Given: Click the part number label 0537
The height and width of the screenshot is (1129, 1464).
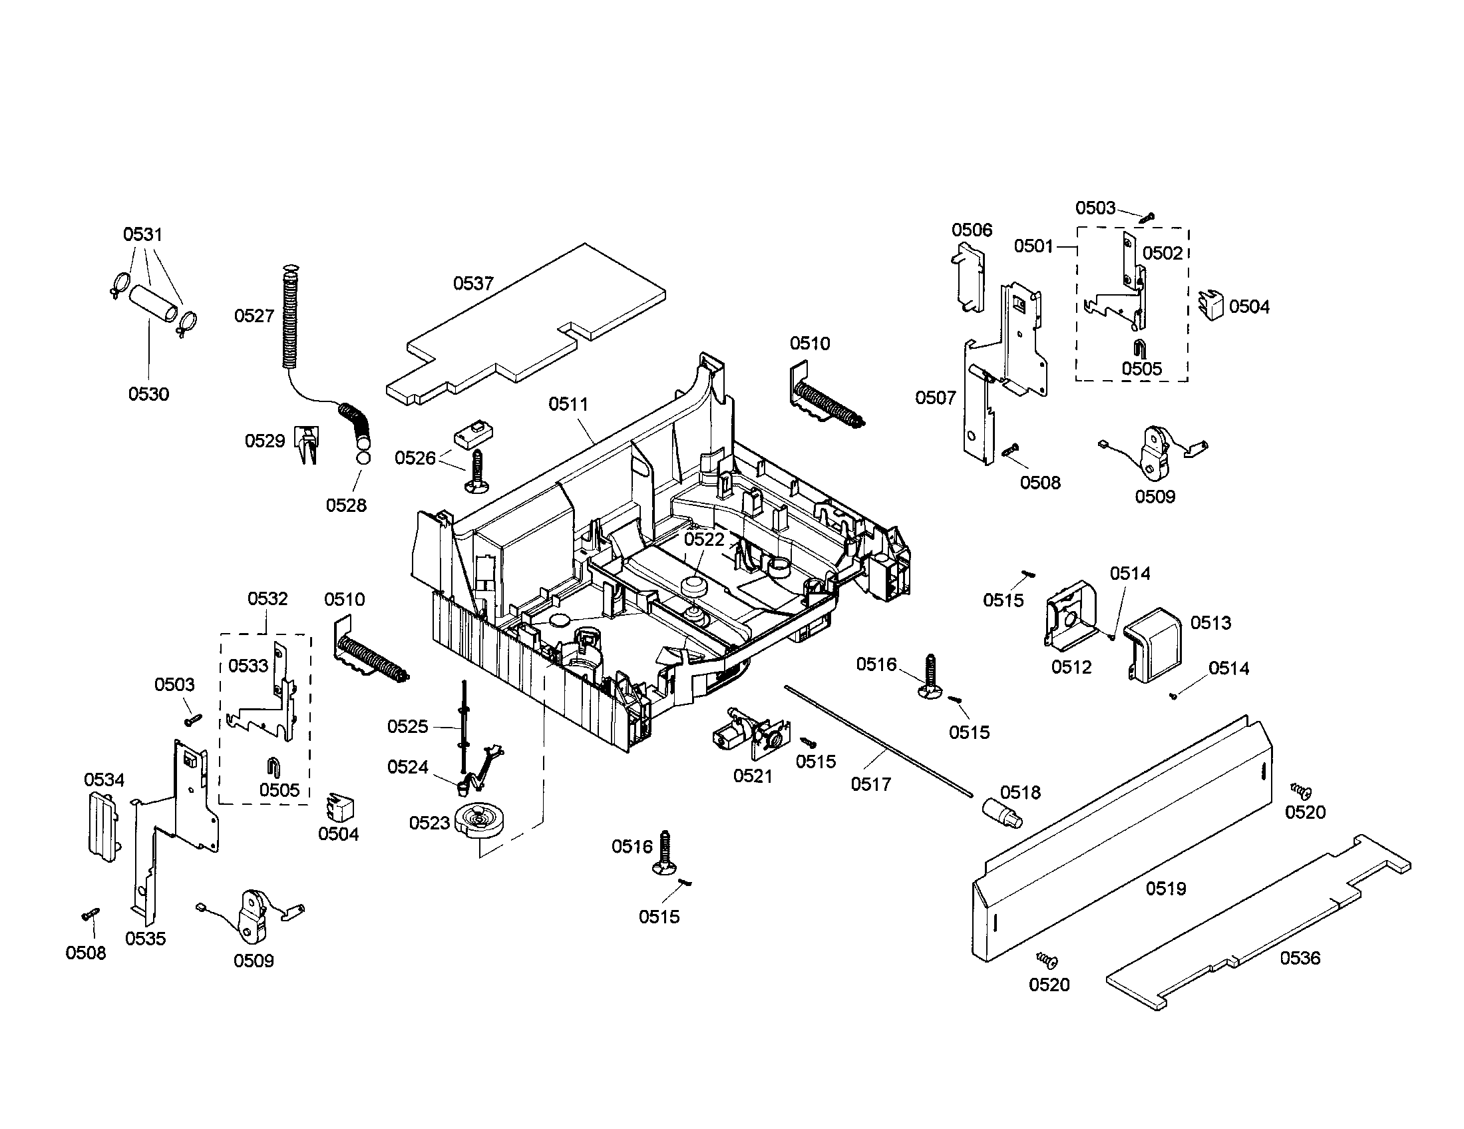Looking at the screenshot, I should click(473, 284).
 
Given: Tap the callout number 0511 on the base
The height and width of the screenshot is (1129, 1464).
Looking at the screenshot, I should click(568, 404).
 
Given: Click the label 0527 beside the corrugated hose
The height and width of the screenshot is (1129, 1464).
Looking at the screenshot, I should click(254, 316).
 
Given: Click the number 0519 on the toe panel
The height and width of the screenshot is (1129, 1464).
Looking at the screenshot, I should click(1166, 888).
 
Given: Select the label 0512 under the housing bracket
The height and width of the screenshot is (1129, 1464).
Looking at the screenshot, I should click(1071, 667).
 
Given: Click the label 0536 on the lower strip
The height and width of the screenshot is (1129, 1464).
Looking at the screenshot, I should click(1300, 958).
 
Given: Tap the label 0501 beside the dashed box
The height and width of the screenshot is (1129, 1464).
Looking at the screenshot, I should click(1033, 246).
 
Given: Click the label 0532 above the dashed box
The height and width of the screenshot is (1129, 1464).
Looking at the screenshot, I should click(268, 598).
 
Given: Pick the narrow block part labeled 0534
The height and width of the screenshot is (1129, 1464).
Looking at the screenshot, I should click(103, 823).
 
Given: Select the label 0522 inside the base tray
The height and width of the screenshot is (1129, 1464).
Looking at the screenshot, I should click(704, 540).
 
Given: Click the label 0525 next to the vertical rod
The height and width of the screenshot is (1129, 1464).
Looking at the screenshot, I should click(407, 727).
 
